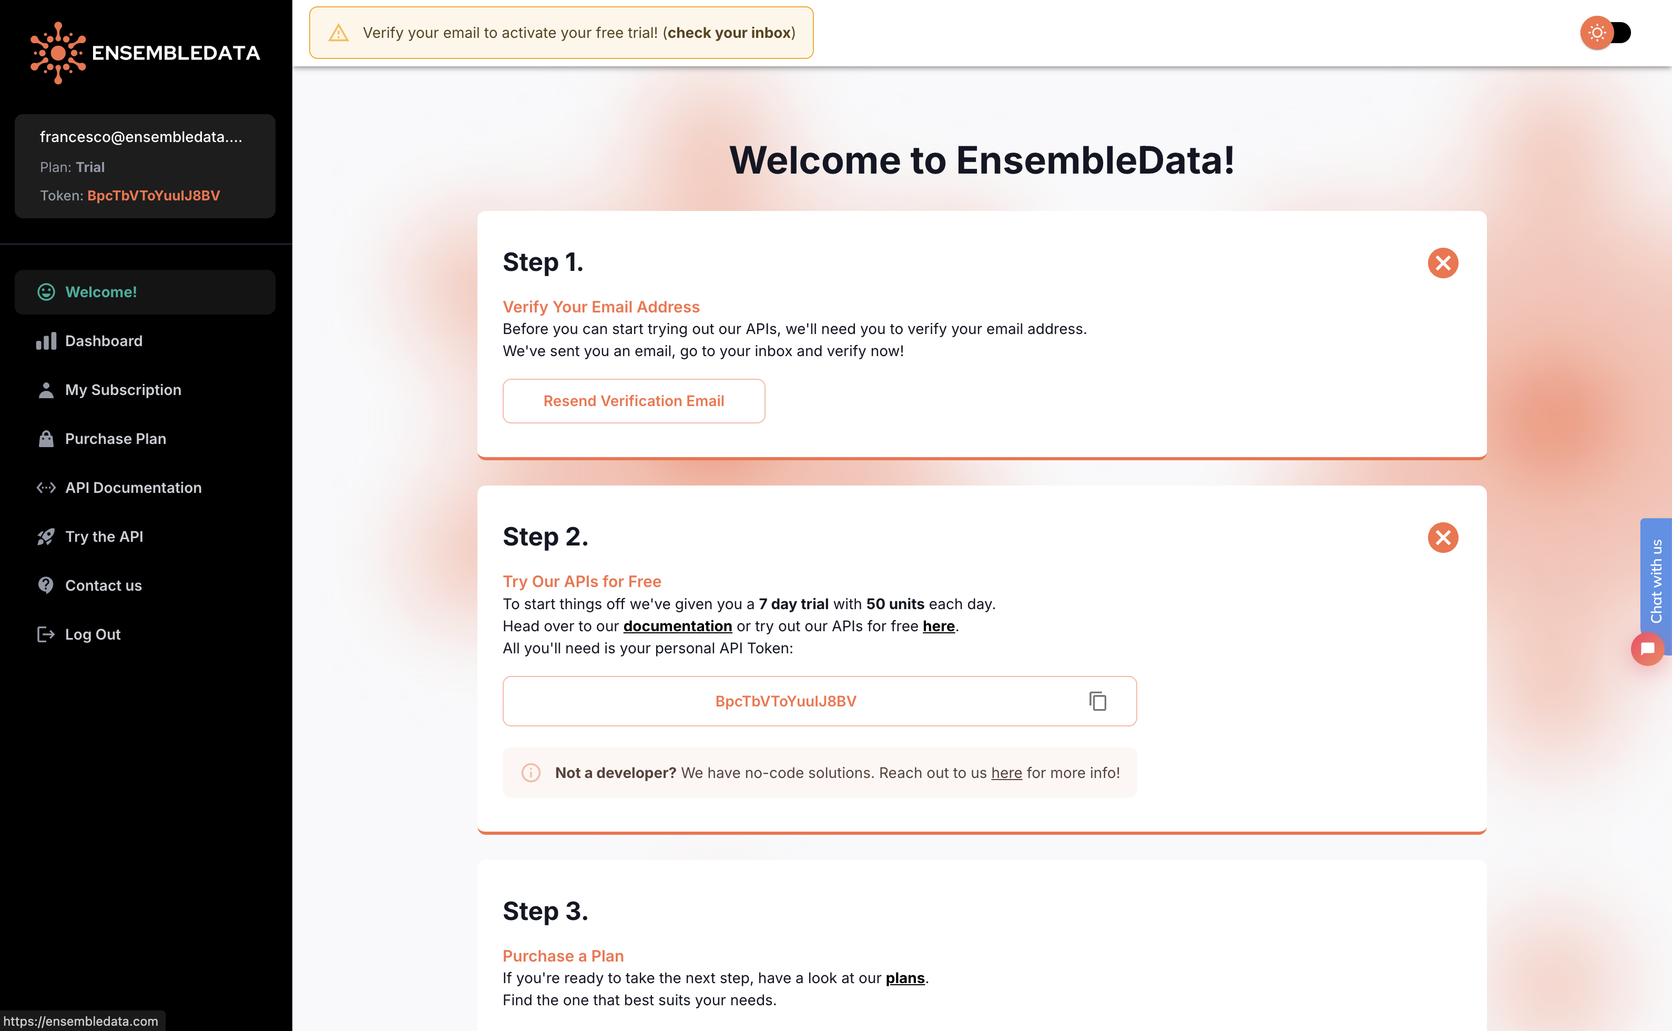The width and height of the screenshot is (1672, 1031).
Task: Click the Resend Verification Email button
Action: (x=633, y=401)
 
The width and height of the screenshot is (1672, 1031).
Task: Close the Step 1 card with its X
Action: (x=1442, y=262)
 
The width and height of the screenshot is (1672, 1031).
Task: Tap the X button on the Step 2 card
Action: (x=1442, y=537)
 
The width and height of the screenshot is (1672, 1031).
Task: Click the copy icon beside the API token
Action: (x=1097, y=701)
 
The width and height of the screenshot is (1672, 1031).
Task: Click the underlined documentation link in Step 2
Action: (x=678, y=626)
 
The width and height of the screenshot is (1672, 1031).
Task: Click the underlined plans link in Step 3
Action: (x=904, y=978)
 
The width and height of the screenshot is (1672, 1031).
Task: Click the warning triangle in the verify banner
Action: (x=339, y=33)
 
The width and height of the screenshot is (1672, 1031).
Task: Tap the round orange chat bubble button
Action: (x=1647, y=649)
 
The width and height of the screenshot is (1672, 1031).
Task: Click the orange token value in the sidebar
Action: (x=154, y=196)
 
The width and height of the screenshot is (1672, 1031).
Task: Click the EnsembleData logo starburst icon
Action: (x=58, y=53)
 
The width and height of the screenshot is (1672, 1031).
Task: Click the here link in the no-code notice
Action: (x=1006, y=773)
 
